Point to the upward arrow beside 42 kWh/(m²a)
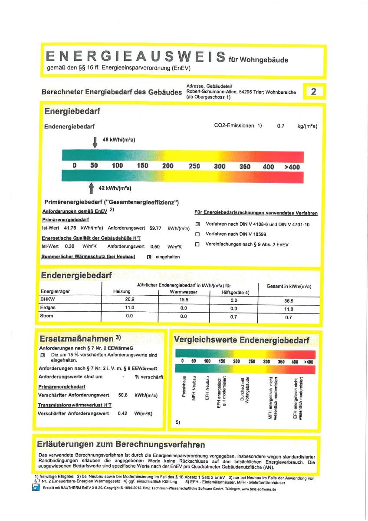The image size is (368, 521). pos(91,188)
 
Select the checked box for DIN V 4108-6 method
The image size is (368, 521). pos(197,224)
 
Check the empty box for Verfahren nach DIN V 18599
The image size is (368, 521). pos(197,234)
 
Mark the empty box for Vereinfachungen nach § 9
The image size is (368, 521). pos(197,244)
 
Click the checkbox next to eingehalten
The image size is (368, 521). pos(149,257)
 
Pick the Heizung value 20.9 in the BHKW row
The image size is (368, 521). pos(129,300)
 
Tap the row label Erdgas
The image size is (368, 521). pos(47,308)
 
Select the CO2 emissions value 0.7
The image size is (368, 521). pos(280,126)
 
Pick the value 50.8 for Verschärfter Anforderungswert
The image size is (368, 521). pos(123,396)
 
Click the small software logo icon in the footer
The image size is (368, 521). pos(36,488)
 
